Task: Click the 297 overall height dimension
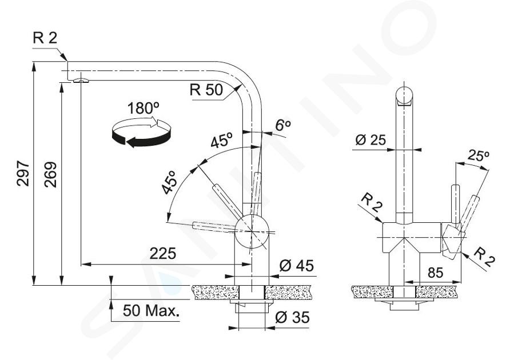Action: [23, 174]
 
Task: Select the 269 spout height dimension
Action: [50, 175]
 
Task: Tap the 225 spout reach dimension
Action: [163, 254]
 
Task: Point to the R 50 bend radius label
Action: [206, 90]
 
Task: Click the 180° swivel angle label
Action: [143, 109]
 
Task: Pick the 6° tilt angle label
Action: [283, 125]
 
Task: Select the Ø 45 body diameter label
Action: [296, 266]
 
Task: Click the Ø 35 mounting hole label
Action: [292, 317]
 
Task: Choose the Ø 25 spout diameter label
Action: [370, 140]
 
